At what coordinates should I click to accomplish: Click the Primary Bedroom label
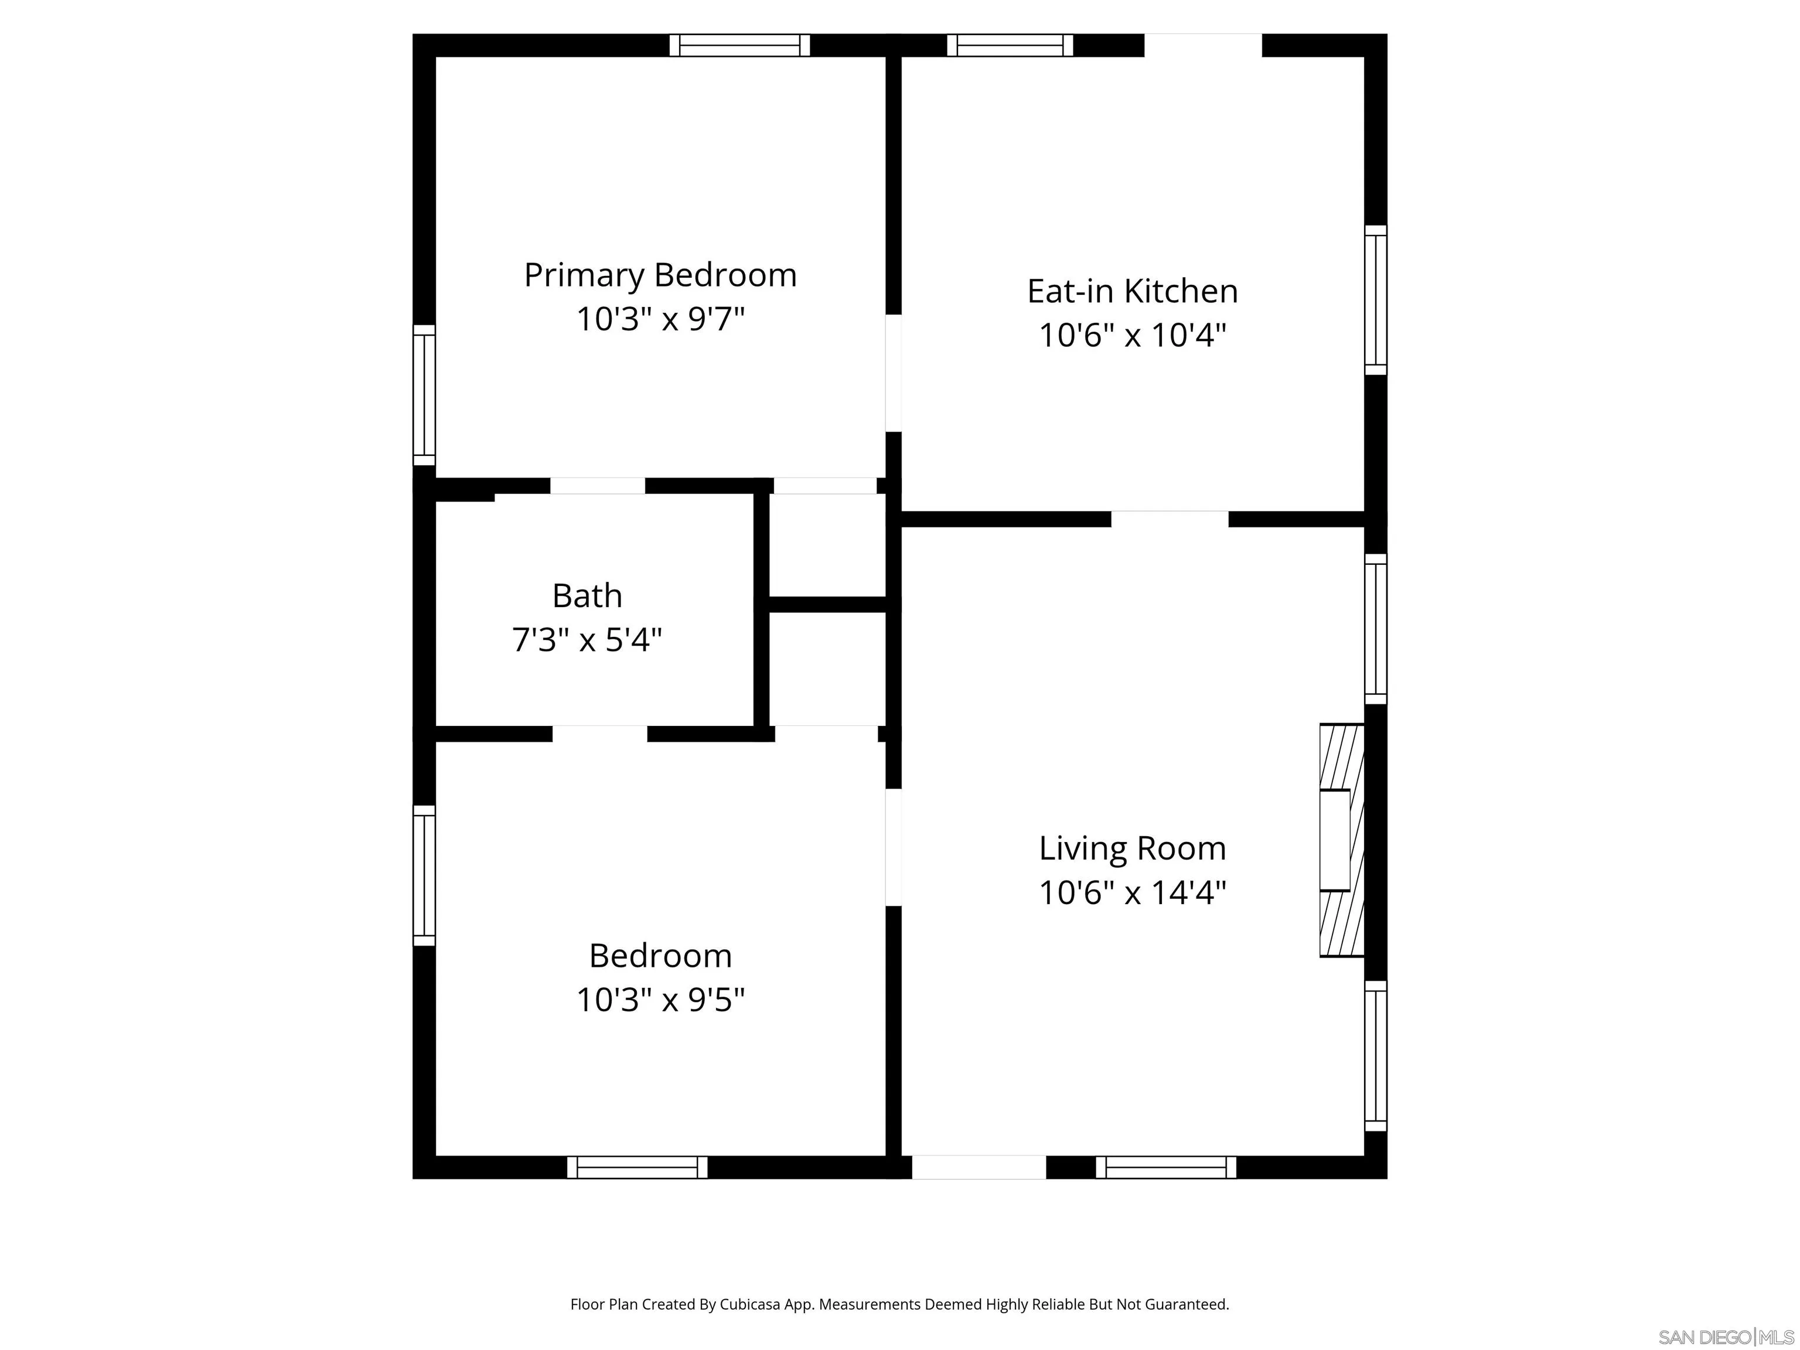(660, 275)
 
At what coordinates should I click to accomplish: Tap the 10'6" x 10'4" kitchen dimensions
(1132, 335)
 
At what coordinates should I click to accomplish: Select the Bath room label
(587, 596)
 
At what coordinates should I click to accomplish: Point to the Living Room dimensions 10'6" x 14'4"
(1132, 893)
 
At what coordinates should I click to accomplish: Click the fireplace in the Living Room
(1340, 840)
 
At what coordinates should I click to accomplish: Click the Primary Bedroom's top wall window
(739, 46)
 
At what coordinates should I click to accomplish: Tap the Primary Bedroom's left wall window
(424, 395)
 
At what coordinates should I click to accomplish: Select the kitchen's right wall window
(1375, 300)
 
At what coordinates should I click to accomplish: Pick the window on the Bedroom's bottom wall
(637, 1167)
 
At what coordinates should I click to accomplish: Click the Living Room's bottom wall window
(1165, 1167)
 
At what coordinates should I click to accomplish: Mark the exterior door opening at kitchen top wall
(1203, 46)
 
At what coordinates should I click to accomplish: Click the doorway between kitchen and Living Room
(1170, 519)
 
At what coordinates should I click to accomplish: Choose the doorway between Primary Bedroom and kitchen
(894, 373)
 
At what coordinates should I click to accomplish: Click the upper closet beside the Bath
(827, 544)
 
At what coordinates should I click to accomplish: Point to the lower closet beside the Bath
(827, 668)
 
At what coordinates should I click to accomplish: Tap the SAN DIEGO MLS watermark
(1725, 1337)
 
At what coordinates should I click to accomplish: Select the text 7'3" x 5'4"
(587, 640)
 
